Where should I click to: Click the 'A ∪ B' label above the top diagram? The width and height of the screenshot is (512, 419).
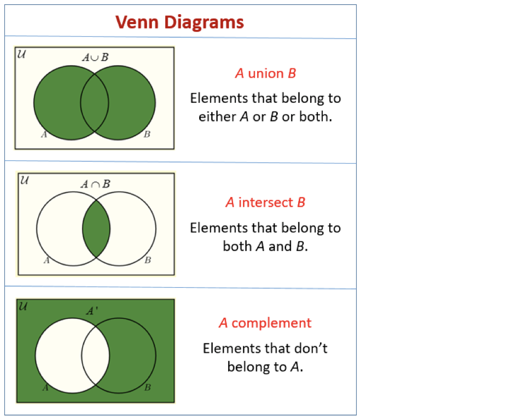coord(95,57)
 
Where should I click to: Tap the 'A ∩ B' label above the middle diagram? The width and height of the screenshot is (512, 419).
coord(96,184)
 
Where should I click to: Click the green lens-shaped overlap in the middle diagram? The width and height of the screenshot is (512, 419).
coord(96,228)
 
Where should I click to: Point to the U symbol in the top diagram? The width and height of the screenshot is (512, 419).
coord(21,55)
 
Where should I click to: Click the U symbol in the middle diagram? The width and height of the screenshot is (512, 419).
coord(24,180)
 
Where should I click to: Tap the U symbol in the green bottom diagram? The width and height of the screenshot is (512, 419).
coord(23,306)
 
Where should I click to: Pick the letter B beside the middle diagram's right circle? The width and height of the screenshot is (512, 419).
coord(147,260)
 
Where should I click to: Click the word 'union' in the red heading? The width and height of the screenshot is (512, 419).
coord(266,73)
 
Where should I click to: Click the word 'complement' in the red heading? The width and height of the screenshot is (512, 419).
coord(271,323)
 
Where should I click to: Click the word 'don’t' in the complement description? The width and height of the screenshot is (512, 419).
coord(311,348)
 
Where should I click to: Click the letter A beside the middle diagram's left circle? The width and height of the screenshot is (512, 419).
coord(47,260)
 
